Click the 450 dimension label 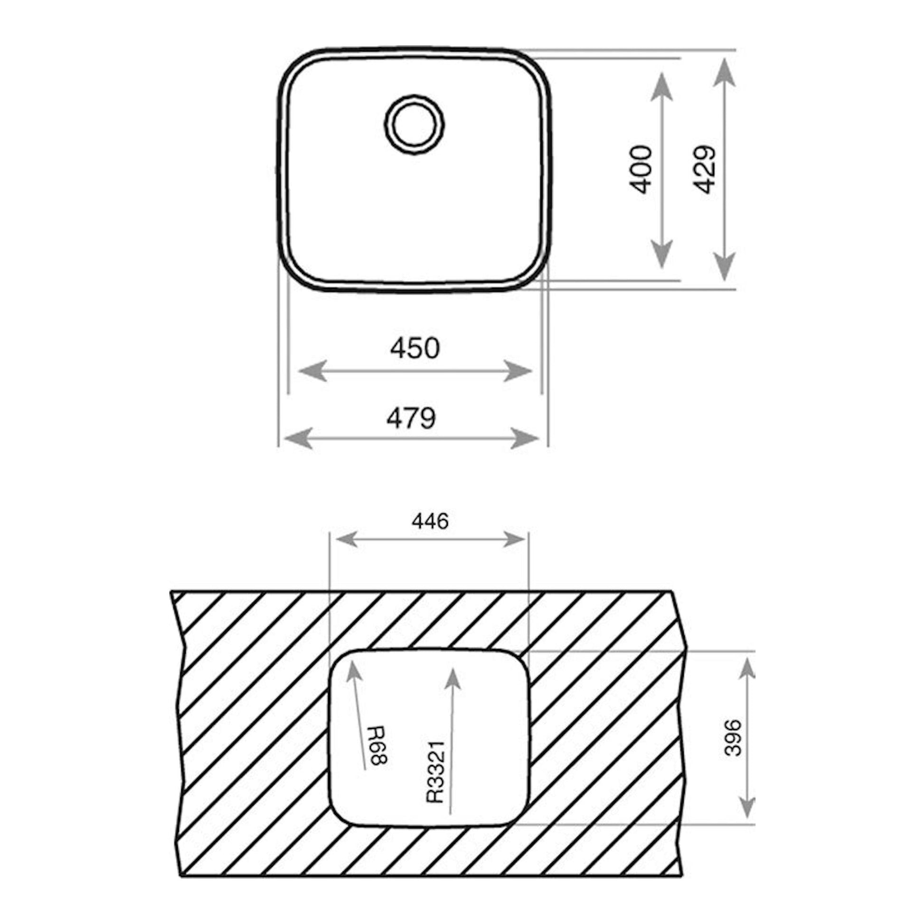[x=415, y=348]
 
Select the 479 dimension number [x=411, y=418]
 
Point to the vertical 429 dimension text [x=705, y=170]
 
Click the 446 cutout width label [x=431, y=521]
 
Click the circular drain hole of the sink [x=414, y=125]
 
